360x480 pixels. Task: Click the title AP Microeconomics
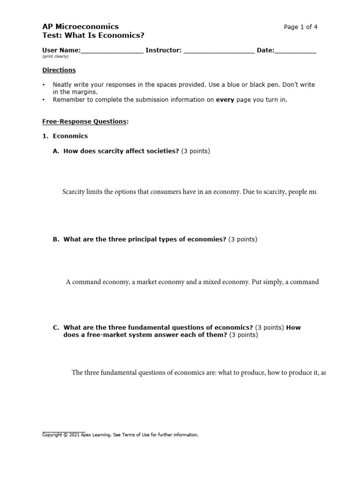tap(80, 27)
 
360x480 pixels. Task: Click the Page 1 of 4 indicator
tap(300, 27)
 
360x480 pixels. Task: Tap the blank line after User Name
tap(112, 51)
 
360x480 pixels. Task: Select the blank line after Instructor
tap(219, 51)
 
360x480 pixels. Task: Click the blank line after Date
tap(295, 51)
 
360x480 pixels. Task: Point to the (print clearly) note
tap(55, 57)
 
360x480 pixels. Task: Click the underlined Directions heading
tap(59, 70)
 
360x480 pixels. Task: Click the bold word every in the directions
tap(225, 100)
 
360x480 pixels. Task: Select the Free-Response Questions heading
tap(84, 121)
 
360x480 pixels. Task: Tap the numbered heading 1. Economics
tap(65, 136)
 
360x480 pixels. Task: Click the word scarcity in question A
tap(109, 151)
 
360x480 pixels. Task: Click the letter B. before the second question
tap(56, 240)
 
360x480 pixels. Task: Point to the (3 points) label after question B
tap(243, 240)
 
